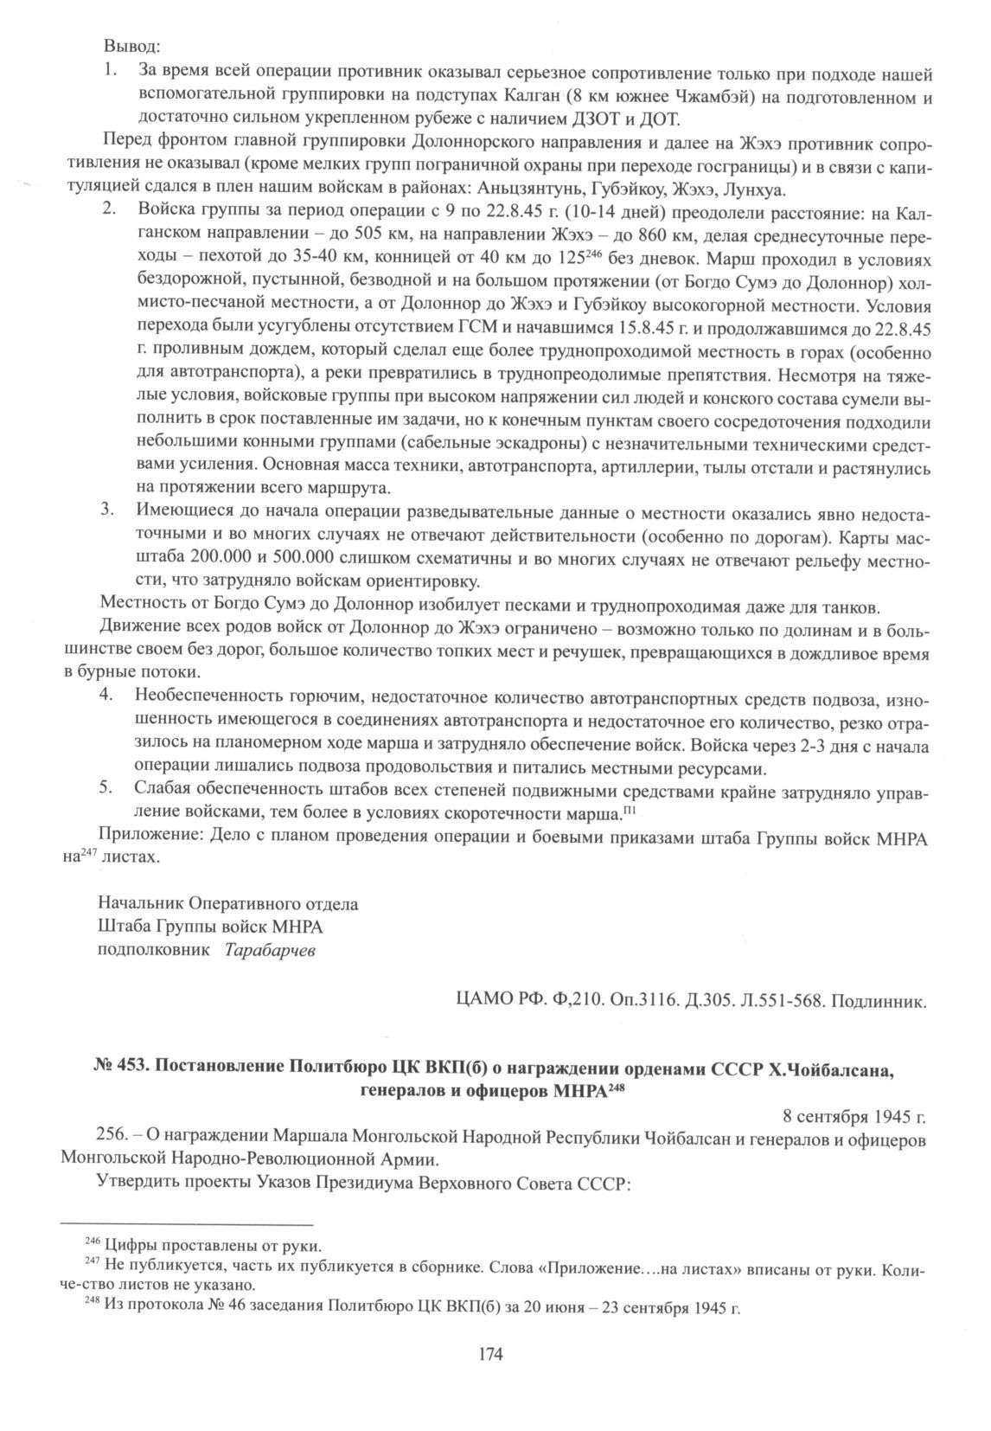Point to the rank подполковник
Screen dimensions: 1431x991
point(154,950)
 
